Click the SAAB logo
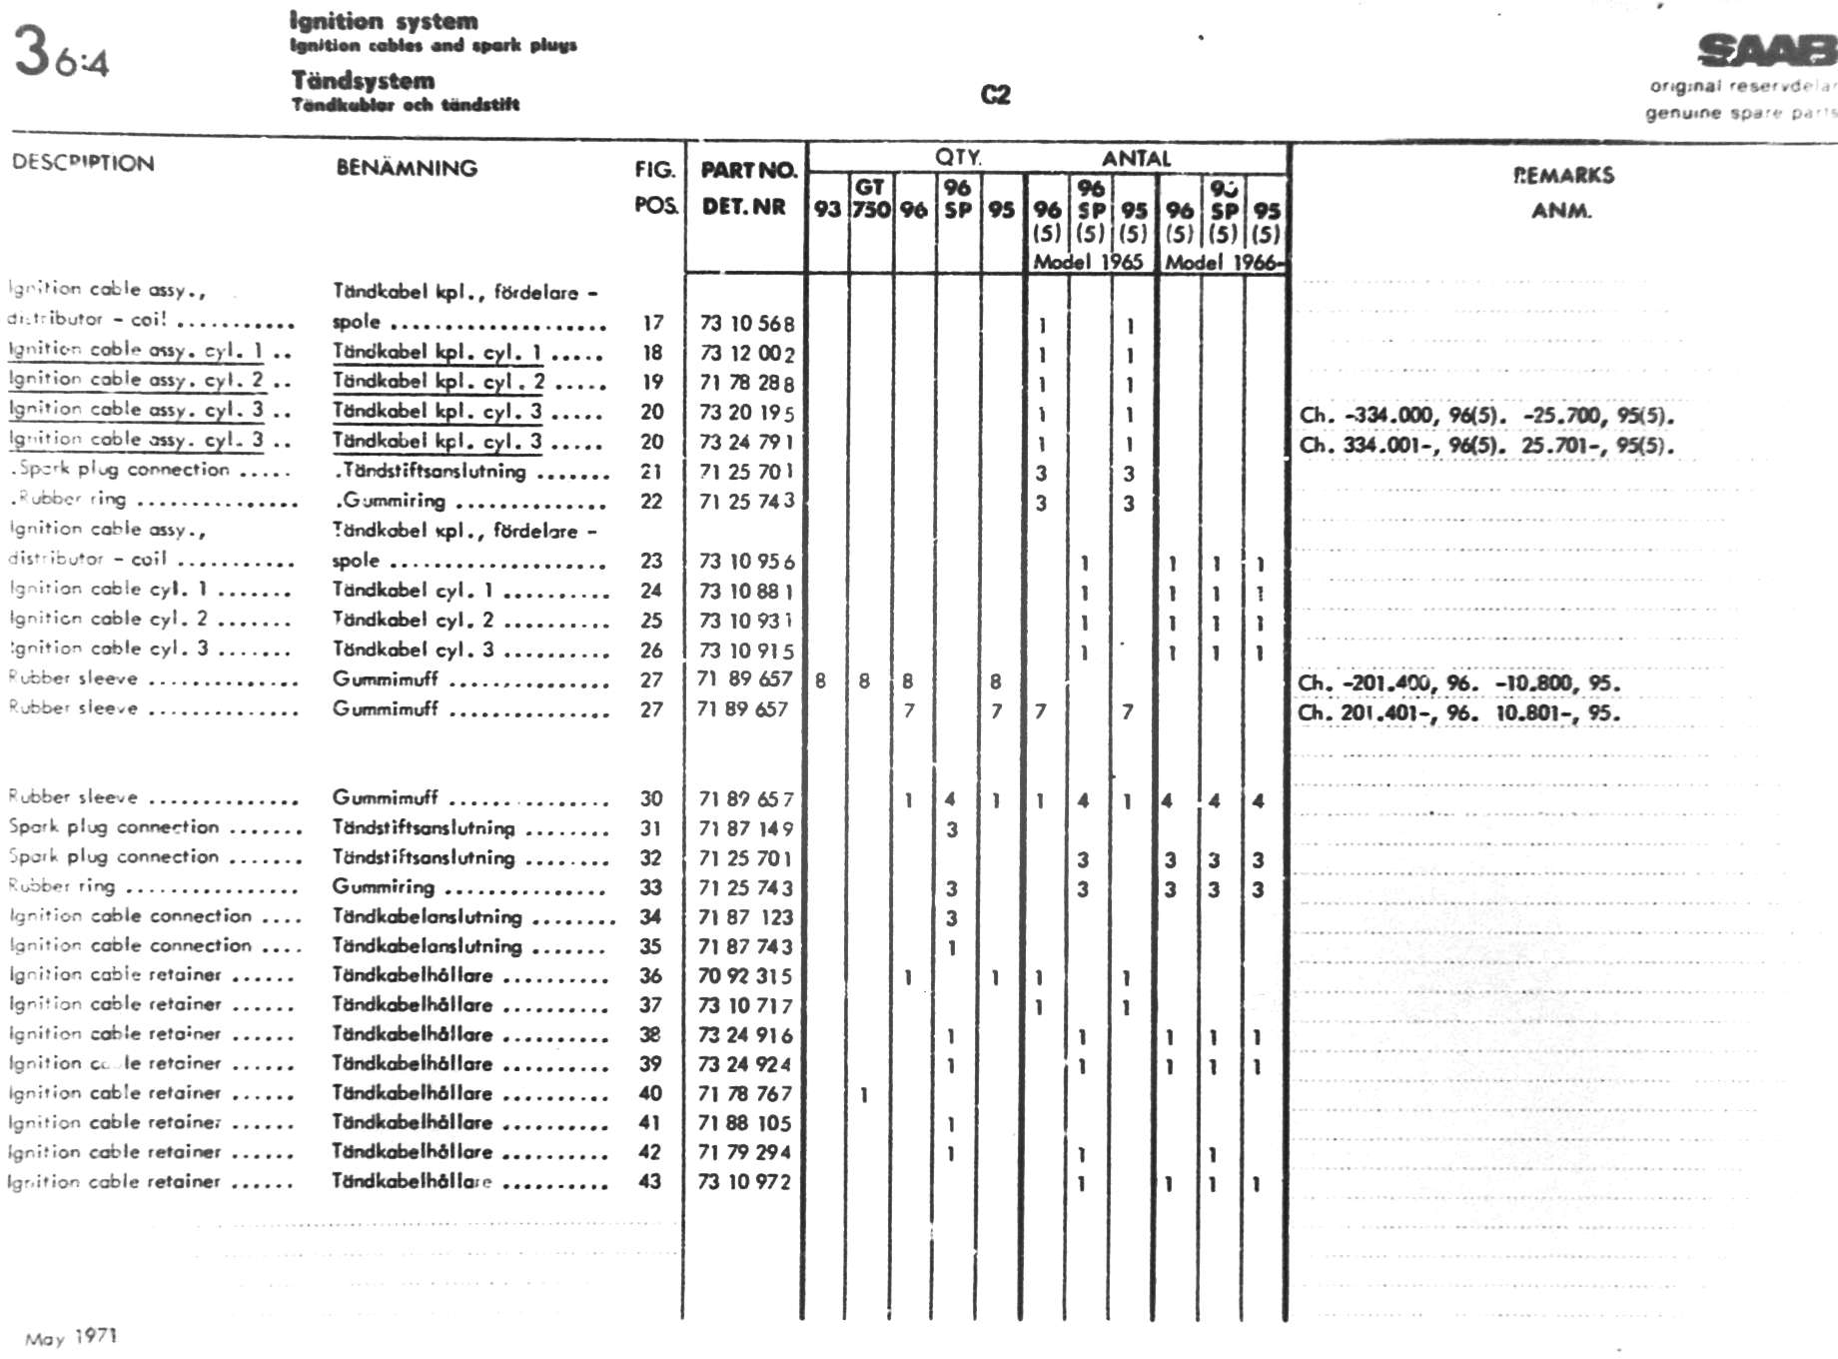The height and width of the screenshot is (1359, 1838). pos(1766,50)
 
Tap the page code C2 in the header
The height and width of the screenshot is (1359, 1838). pos(996,95)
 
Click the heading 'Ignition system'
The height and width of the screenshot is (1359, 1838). pos(384,21)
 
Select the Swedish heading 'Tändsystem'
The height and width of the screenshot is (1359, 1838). pos(363,80)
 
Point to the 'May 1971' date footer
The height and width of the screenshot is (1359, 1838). pos(71,1337)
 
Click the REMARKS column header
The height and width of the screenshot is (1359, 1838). pos(1563,176)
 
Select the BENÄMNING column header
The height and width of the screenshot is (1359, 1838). pos(407,168)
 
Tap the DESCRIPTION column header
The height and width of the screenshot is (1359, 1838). pos(83,163)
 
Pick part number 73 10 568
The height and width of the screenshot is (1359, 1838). pos(747,324)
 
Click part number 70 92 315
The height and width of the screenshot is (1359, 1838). pos(745,976)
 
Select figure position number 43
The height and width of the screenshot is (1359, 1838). pos(650,1181)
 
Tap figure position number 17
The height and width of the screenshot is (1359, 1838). pos(653,323)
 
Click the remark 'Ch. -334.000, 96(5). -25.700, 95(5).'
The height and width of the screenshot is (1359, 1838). pos(1486,416)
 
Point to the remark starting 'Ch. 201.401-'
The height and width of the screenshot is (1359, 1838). pos(1458,713)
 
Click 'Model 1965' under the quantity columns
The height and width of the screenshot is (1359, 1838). pos(1088,262)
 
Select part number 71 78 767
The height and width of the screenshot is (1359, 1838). pos(745,1094)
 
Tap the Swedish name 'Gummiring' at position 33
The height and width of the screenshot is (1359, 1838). pos(384,887)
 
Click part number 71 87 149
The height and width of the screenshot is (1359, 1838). pos(745,828)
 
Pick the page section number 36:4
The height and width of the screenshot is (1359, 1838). pos(61,53)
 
